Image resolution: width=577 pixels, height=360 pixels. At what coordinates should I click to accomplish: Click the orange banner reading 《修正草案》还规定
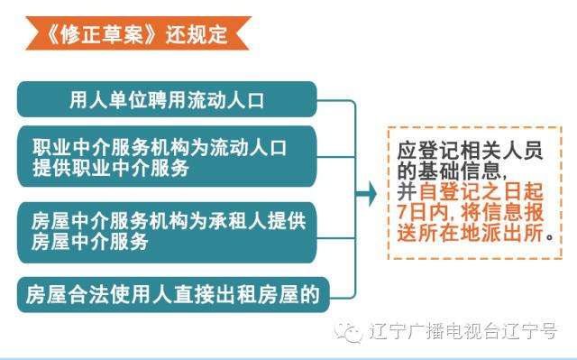[x=135, y=35]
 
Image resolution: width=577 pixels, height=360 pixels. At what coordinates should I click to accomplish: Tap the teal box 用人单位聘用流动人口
[x=167, y=98]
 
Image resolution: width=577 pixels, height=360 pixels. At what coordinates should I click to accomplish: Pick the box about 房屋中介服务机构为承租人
[x=167, y=232]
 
